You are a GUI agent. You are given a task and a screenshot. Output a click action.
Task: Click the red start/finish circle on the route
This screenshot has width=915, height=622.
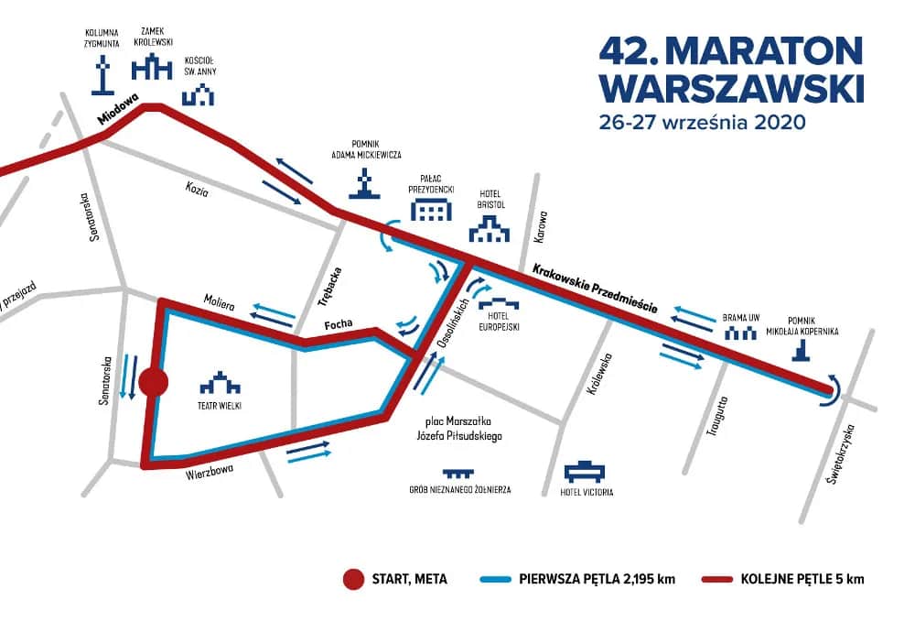tap(152, 383)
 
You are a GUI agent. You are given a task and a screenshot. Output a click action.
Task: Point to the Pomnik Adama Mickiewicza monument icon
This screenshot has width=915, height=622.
tap(367, 184)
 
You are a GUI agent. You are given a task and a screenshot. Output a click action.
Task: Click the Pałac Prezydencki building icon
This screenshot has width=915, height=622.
tap(431, 210)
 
